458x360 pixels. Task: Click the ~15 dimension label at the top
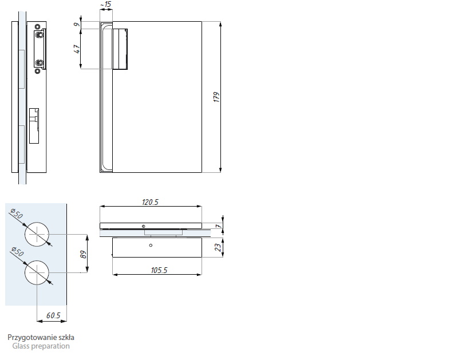pyautogui.click(x=105, y=5)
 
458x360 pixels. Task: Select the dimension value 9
pyautogui.click(x=76, y=25)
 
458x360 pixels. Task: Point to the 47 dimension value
pyautogui.click(x=76, y=49)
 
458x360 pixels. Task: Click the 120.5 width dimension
pyautogui.click(x=149, y=203)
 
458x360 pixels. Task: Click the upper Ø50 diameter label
pyautogui.click(x=17, y=215)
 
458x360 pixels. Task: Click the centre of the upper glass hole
pyautogui.click(x=37, y=234)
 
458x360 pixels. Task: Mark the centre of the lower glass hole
pyautogui.click(x=37, y=272)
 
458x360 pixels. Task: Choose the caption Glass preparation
pyautogui.click(x=41, y=346)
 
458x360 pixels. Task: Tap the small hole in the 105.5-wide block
pyautogui.click(x=150, y=246)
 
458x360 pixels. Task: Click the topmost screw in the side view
pyautogui.click(x=38, y=27)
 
